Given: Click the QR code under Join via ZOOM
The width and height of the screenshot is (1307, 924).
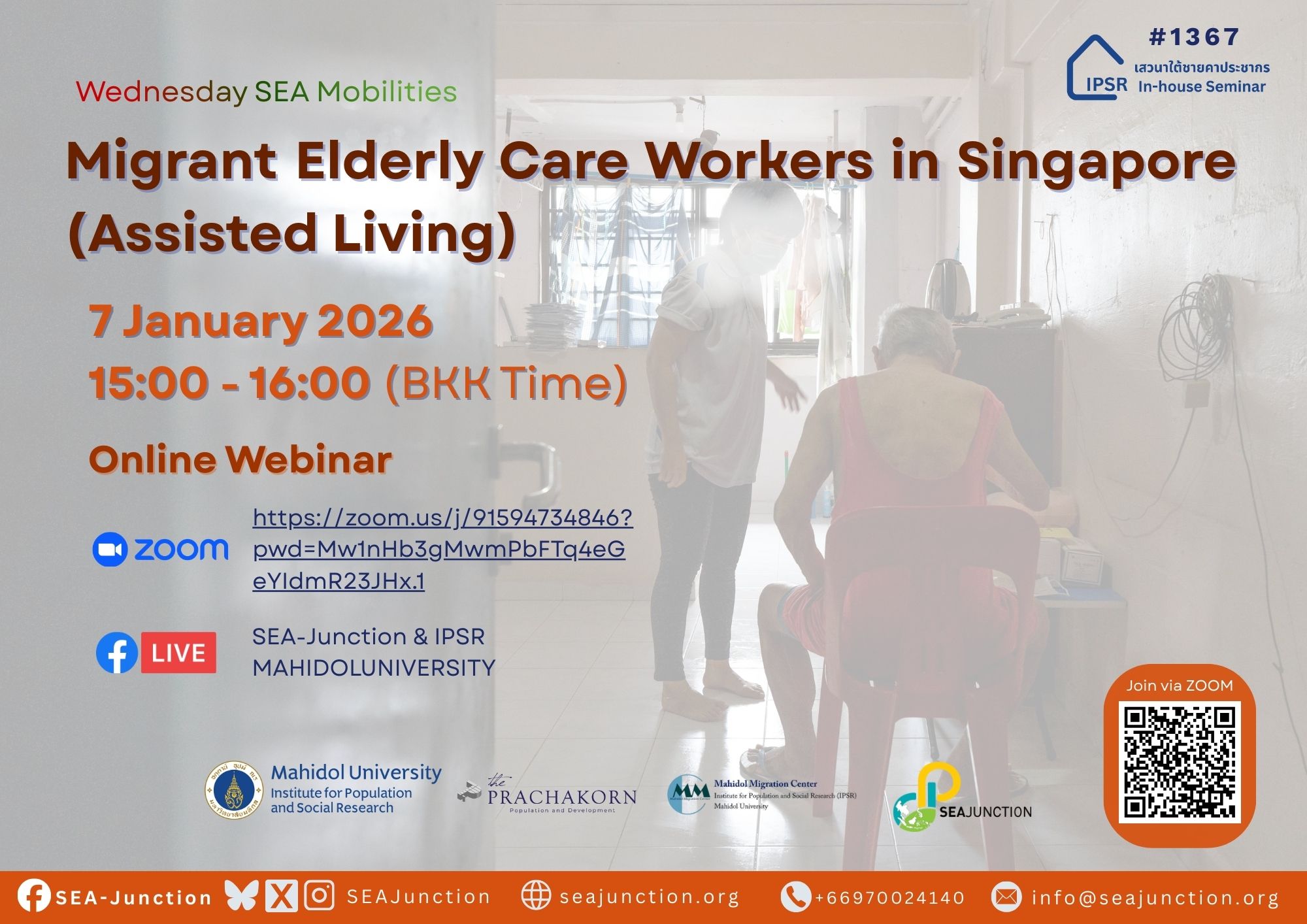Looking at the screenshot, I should (1180, 762).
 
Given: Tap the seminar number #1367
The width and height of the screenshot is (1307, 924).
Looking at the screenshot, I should (1193, 37).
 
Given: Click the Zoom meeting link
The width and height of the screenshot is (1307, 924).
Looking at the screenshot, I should (442, 549).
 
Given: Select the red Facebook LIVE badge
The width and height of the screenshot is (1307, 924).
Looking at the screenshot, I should (178, 652).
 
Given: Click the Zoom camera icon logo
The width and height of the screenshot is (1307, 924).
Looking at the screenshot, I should (110, 550).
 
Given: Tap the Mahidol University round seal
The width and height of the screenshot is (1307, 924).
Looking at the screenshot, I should (234, 791).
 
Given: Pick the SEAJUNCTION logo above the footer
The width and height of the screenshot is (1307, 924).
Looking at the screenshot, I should (961, 797).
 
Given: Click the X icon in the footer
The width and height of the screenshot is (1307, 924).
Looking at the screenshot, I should (281, 896).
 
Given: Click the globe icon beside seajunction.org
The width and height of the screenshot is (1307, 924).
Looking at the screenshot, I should (536, 896).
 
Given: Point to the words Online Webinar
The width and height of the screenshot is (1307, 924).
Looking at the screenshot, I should (240, 459).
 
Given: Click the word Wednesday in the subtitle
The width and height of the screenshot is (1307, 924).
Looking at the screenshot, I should (161, 91).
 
